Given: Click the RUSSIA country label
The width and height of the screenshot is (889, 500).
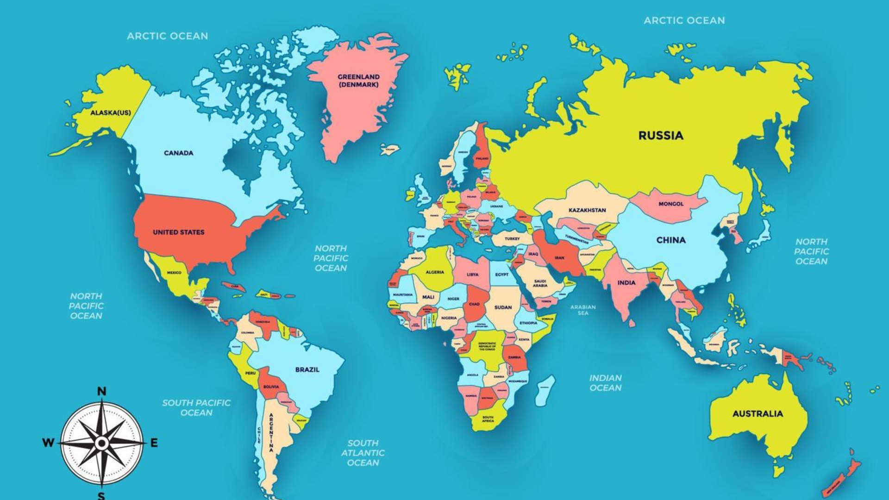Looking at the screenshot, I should click(x=661, y=136).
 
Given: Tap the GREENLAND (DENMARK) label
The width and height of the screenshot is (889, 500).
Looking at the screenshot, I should click(x=358, y=81).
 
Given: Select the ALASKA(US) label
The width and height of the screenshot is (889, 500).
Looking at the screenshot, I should click(x=110, y=112).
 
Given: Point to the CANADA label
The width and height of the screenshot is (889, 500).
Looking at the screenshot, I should click(x=178, y=153).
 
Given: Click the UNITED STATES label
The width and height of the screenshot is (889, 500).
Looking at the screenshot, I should click(x=178, y=232).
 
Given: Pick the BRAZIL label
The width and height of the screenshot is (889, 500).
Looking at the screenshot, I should click(x=307, y=369).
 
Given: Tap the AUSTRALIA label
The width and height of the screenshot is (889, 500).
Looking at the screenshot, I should click(x=758, y=413).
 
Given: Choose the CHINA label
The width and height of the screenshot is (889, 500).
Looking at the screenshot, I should click(x=670, y=240).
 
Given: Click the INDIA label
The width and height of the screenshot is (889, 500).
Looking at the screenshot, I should click(x=626, y=282).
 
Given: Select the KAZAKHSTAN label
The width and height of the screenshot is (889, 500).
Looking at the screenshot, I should click(x=587, y=210).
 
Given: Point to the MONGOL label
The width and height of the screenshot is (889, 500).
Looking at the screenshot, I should click(x=670, y=204).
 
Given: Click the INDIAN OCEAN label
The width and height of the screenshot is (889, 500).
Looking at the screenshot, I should click(x=605, y=383).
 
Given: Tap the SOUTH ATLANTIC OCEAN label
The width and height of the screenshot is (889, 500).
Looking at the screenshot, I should click(x=363, y=453).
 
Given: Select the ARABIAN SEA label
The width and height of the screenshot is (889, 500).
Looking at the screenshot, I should click(x=583, y=310).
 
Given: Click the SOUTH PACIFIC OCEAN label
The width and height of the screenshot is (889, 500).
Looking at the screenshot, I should click(x=196, y=407).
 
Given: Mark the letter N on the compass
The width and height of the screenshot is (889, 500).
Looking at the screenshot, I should click(x=101, y=392).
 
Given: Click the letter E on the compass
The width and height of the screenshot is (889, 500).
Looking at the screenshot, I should click(x=154, y=443).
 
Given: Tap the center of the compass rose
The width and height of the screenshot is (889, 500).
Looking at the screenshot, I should click(x=102, y=444).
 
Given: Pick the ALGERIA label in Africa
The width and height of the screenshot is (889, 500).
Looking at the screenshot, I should click(x=434, y=272).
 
